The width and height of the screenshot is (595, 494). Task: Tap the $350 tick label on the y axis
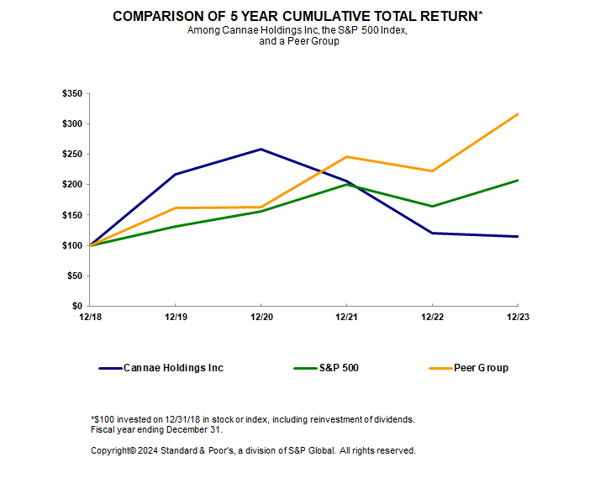point(72,94)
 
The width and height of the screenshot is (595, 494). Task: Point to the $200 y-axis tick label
point(72,185)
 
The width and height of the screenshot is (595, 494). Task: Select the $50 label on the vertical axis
point(75,276)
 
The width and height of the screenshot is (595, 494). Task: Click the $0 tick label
point(77,306)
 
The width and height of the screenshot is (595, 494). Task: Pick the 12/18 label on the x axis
point(89,318)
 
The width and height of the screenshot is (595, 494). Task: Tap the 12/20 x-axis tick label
point(261,318)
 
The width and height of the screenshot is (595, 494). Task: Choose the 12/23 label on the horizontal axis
point(517,318)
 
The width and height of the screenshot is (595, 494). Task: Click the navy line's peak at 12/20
point(261,150)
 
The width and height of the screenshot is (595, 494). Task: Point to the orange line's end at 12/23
point(517,113)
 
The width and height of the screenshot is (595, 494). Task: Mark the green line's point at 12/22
point(432,206)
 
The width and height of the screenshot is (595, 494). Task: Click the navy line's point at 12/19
point(175,174)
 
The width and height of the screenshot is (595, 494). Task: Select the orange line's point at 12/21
point(346,157)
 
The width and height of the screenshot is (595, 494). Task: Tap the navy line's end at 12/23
point(517,236)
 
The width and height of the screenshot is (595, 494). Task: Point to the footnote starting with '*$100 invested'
point(252,419)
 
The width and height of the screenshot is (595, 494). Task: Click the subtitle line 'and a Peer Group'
point(298,41)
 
